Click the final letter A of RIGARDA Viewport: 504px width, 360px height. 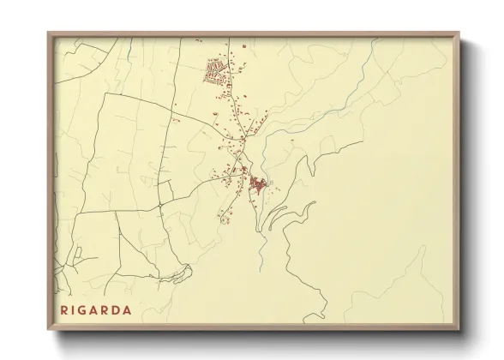(x=129, y=310)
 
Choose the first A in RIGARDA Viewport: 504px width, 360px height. (x=96, y=310)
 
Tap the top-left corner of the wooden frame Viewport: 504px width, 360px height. (x=49, y=33)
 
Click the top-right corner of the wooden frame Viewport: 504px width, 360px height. (x=459, y=33)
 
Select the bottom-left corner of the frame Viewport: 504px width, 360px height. (x=49, y=329)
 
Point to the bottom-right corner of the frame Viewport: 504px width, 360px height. (x=459, y=329)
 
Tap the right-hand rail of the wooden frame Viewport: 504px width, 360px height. (x=458, y=180)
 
